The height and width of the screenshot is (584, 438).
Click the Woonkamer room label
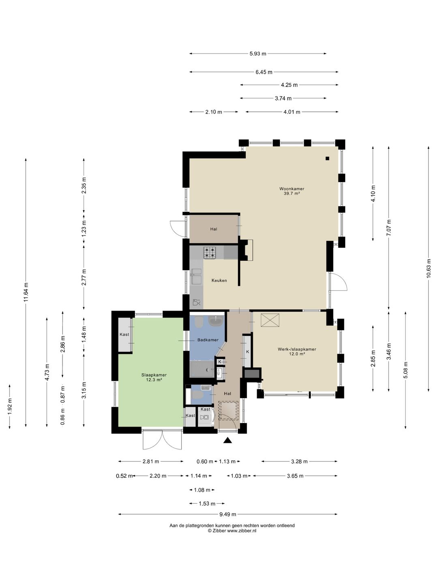(x=292, y=189)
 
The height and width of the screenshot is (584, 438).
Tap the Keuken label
(x=219, y=280)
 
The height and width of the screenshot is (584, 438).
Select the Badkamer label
(x=208, y=340)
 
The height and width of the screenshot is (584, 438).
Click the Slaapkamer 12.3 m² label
(x=154, y=377)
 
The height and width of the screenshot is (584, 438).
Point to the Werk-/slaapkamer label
(x=297, y=349)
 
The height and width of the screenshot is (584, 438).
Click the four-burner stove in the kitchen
(x=210, y=253)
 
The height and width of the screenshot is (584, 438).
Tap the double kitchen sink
(x=196, y=277)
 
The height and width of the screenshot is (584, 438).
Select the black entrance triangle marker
(x=228, y=440)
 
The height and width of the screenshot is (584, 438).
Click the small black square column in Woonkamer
(x=327, y=158)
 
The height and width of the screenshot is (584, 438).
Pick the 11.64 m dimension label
(x=26, y=292)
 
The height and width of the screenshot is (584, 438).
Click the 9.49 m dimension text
(x=228, y=514)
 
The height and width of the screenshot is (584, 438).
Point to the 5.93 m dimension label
(x=258, y=54)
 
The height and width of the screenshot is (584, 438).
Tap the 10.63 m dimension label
(x=428, y=268)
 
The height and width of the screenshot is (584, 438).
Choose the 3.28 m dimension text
(x=299, y=462)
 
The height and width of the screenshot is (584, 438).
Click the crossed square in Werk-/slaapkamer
(x=270, y=320)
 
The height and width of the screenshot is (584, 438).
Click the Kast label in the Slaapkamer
(x=124, y=334)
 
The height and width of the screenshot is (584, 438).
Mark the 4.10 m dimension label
(x=373, y=193)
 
